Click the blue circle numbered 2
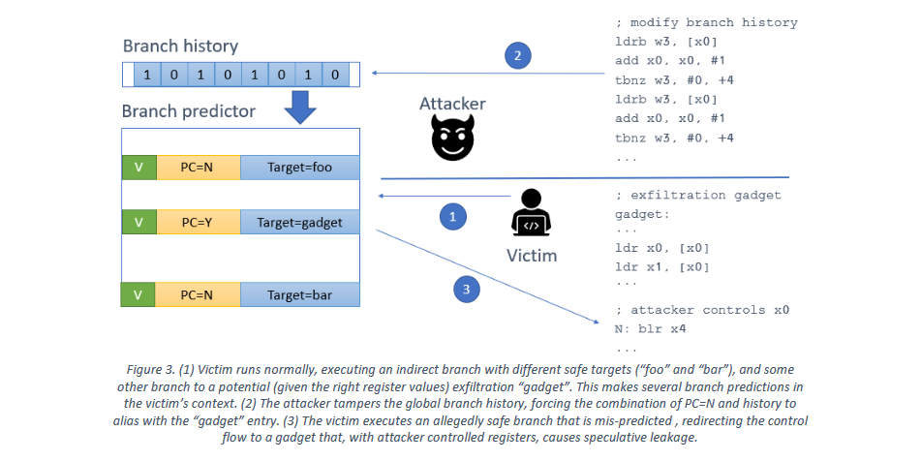coord(518,56)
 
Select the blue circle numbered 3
coord(465,288)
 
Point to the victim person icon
coord(530,214)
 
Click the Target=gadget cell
coord(299,223)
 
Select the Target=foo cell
coord(299,167)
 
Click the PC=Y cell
coord(198,223)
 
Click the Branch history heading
coord(180,46)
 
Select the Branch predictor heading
coord(189,111)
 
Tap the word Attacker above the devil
coord(452,104)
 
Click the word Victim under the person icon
coord(532,256)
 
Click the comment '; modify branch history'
coord(706,22)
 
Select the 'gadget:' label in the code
coord(642,213)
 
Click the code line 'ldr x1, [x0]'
coord(661,266)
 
